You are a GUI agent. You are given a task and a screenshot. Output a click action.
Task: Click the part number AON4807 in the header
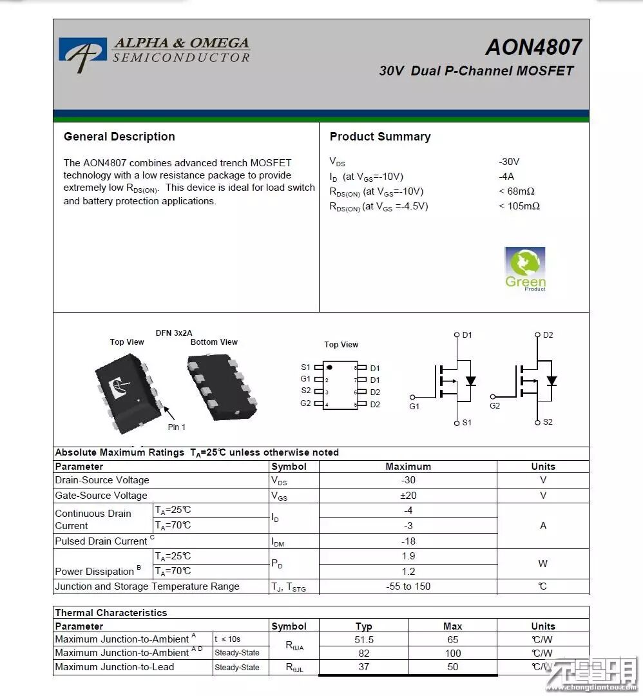(x=533, y=47)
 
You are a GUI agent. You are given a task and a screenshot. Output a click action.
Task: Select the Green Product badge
(x=525, y=269)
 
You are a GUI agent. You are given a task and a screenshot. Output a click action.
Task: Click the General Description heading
(x=119, y=137)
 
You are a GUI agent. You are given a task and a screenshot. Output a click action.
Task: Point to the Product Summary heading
(x=380, y=137)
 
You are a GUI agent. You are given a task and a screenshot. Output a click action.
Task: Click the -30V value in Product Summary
(x=509, y=162)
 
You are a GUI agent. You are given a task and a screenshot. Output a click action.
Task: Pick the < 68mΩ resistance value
(x=517, y=191)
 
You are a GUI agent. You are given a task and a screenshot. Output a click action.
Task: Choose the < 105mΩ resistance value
(x=519, y=206)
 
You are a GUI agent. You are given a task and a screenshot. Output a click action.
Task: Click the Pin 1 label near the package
(x=177, y=427)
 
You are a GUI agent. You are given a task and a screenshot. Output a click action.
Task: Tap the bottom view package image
(x=222, y=387)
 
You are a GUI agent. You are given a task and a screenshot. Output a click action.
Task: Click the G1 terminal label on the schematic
(x=414, y=407)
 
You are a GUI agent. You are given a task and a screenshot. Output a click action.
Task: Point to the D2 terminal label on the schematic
(x=548, y=335)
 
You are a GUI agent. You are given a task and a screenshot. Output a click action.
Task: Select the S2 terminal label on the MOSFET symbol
(x=548, y=422)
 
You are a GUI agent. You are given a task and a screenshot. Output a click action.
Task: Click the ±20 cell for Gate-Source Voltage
(x=408, y=496)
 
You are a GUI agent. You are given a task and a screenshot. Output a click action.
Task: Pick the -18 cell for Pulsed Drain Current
(x=408, y=541)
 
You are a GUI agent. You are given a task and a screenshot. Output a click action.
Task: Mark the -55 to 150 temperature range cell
(x=408, y=586)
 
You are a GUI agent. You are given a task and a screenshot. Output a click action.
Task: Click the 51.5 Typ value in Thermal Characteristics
(x=364, y=640)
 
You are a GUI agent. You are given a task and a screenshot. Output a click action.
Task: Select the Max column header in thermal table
(x=452, y=626)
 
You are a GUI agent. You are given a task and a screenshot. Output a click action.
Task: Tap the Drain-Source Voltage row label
(x=102, y=480)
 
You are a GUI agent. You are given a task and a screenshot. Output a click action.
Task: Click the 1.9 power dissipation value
(x=408, y=556)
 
